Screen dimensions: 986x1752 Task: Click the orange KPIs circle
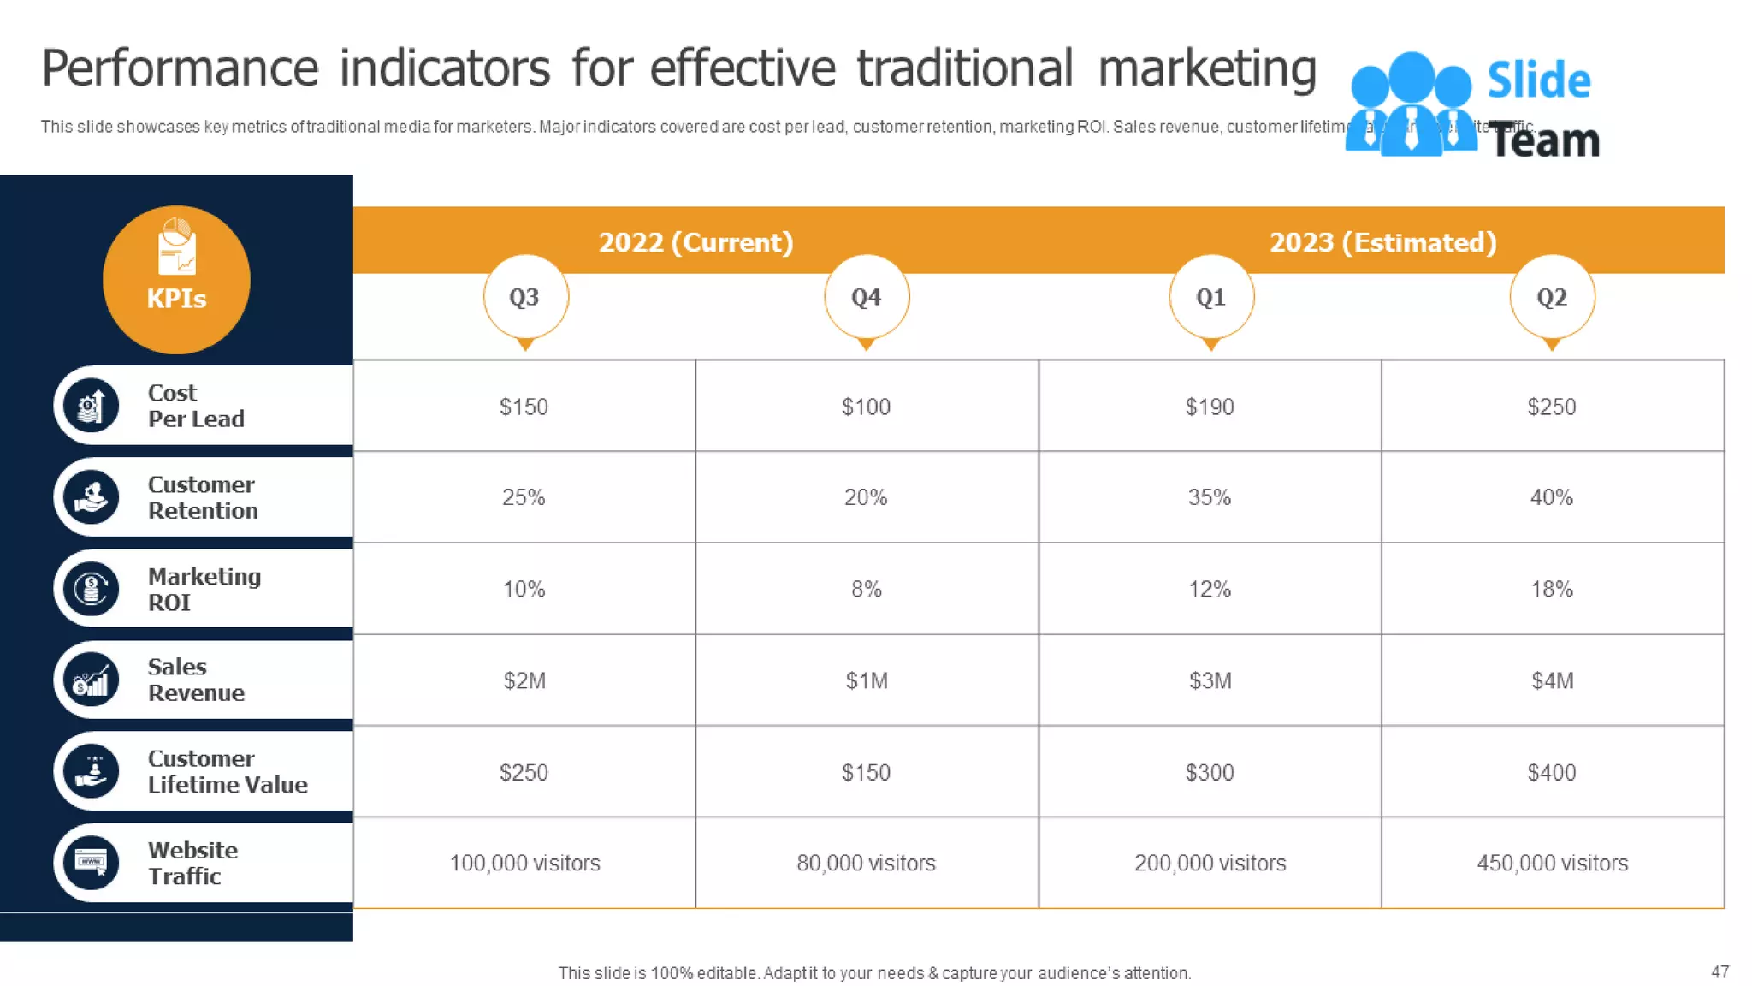[x=176, y=279]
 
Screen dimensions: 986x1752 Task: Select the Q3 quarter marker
[x=524, y=297]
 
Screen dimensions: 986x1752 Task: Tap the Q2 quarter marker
[x=1552, y=297]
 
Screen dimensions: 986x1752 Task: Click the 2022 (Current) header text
[x=695, y=242]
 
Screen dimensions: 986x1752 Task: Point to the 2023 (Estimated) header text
[x=1382, y=242]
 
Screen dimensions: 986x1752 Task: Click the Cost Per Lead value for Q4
[x=866, y=407]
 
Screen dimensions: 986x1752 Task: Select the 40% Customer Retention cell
[x=1551, y=497]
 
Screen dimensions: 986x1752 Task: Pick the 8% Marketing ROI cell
[x=866, y=589]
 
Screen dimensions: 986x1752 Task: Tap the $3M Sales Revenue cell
[x=1210, y=680]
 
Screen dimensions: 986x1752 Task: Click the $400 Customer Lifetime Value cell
[x=1551, y=772]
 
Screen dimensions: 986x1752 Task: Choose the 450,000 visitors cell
[x=1552, y=863]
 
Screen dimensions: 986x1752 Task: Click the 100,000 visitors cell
[x=524, y=863]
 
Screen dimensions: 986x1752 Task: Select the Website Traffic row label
[x=192, y=863]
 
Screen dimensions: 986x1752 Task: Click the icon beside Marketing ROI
[x=91, y=589]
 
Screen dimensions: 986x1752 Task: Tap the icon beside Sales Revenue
[x=91, y=680]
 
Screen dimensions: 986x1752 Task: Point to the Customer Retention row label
[x=202, y=497]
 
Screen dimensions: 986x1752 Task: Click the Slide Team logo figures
[x=1410, y=104]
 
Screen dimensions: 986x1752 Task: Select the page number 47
[x=1719, y=971]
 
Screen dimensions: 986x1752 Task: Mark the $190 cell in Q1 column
[x=1209, y=407]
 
